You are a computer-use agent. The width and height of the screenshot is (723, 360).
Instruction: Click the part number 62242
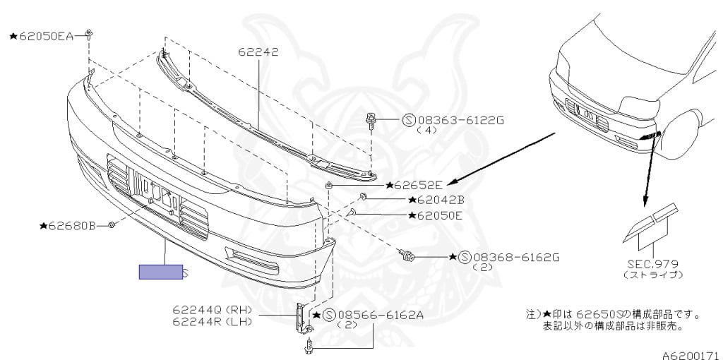258,52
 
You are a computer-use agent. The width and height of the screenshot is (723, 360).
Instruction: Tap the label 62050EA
44,35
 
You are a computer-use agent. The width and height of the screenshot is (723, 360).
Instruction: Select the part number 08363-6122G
459,120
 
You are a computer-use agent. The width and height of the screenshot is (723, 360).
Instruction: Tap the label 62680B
72,226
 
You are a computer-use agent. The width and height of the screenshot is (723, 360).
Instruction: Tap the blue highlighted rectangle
160,272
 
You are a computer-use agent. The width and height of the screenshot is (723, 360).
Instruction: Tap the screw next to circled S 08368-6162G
406,256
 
